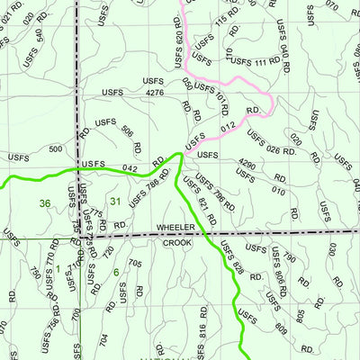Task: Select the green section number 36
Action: pyautogui.click(x=45, y=203)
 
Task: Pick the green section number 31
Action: pyautogui.click(x=114, y=201)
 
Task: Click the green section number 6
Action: pyautogui.click(x=116, y=272)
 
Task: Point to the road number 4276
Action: pyautogui.click(x=154, y=92)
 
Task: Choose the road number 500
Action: pyautogui.click(x=56, y=148)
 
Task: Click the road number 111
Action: pyautogui.click(x=267, y=61)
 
